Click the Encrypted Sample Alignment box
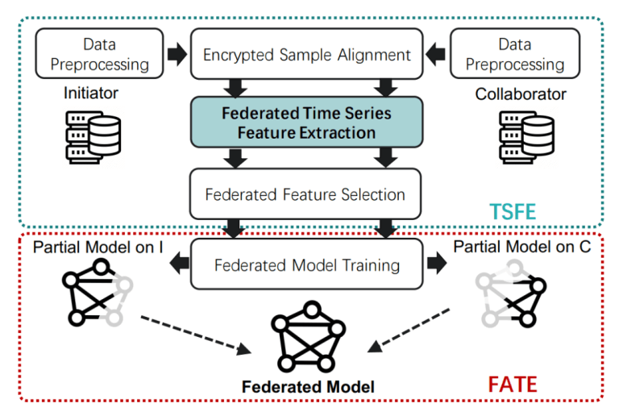click(x=306, y=55)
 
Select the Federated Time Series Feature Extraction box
click(x=306, y=122)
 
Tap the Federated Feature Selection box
click(x=306, y=193)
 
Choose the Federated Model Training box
click(x=306, y=264)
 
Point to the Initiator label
click(x=91, y=94)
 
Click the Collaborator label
click(x=520, y=94)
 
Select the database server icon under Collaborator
click(x=525, y=136)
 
